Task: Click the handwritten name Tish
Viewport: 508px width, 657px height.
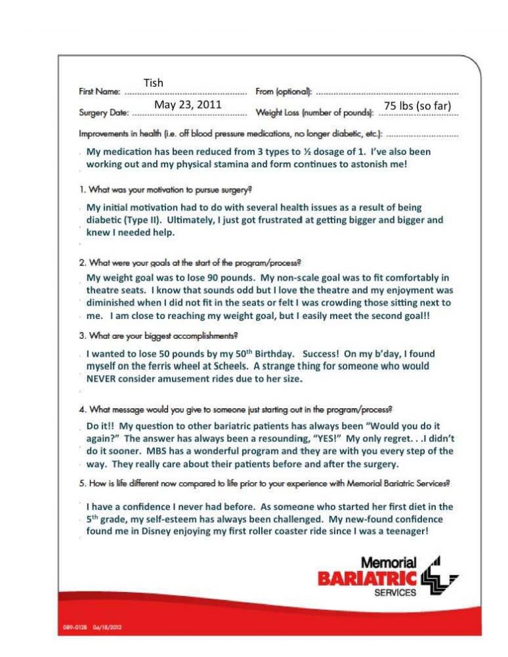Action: pyautogui.click(x=153, y=83)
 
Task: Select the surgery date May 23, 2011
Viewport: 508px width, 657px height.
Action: pyautogui.click(x=188, y=105)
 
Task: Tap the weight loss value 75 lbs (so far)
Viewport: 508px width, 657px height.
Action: pyautogui.click(x=417, y=106)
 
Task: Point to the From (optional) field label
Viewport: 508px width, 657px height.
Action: pyautogui.click(x=284, y=92)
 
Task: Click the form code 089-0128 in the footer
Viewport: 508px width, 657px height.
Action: pyautogui.click(x=73, y=626)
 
